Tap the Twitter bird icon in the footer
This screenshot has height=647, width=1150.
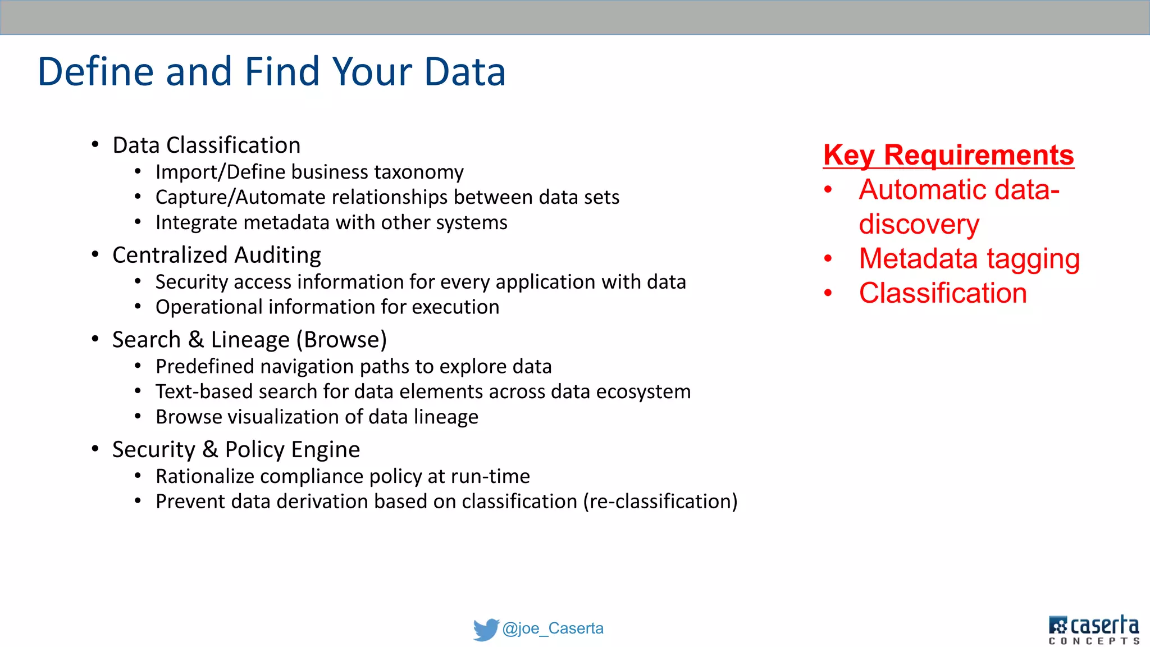click(486, 629)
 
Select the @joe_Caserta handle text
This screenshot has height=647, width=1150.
click(553, 628)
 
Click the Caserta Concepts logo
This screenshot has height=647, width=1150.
click(1093, 630)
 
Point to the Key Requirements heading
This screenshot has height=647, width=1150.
click(948, 155)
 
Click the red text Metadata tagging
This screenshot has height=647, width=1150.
click(969, 259)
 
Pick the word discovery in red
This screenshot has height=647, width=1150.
click(919, 224)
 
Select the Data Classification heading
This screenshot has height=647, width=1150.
click(206, 145)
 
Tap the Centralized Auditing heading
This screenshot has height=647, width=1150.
click(216, 256)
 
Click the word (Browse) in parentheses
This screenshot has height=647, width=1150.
click(341, 340)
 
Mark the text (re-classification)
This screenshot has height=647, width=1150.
click(660, 502)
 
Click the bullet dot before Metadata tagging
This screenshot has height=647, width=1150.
click(828, 259)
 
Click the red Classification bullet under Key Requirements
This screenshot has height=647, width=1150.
click(943, 293)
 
